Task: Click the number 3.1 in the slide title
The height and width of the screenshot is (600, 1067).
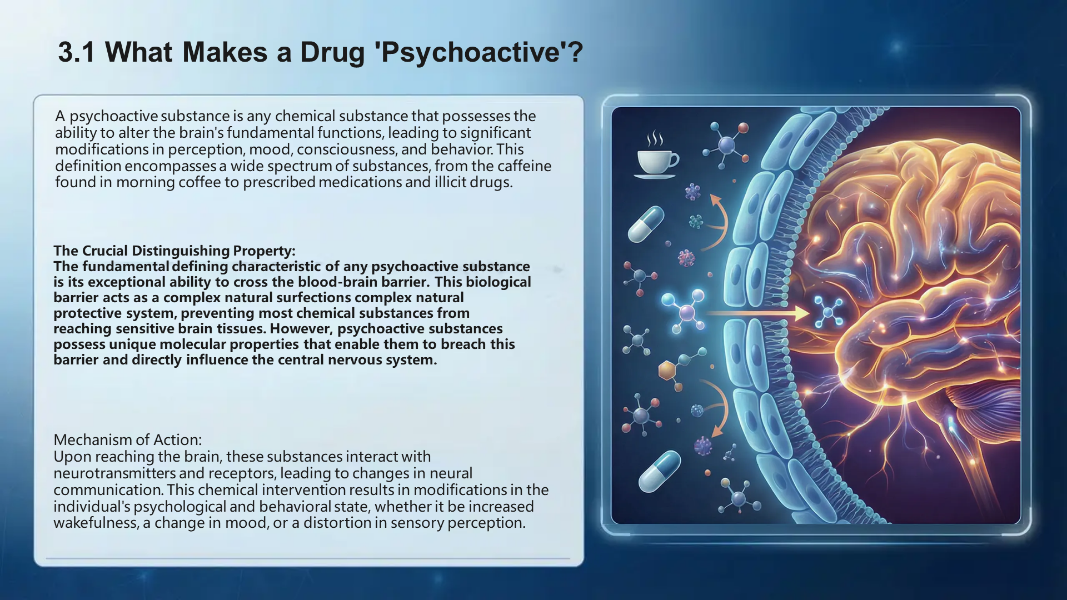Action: [x=76, y=52]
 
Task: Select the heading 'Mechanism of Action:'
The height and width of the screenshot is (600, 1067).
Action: [x=128, y=440]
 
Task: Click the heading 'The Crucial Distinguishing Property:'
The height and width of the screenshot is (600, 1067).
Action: [x=174, y=251]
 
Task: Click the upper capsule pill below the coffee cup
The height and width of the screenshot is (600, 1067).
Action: [x=646, y=223]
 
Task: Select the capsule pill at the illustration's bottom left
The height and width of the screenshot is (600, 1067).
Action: [x=660, y=471]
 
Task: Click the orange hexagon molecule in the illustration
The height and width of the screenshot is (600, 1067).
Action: [x=667, y=370]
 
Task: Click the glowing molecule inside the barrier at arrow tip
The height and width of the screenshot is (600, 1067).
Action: [x=829, y=312]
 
